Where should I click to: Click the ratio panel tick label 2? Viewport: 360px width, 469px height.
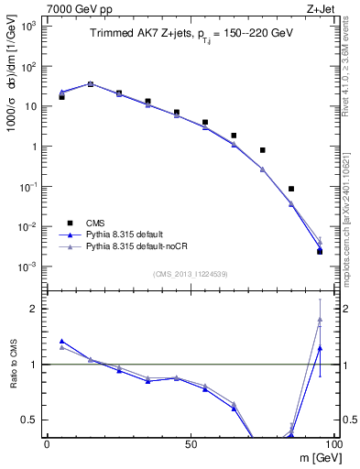click(33, 309)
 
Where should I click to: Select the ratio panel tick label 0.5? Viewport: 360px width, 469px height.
click(29, 420)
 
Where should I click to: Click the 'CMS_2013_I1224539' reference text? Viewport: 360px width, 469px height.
click(190, 273)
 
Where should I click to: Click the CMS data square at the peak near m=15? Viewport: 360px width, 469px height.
click(90, 83)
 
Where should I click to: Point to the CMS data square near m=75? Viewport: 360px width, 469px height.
click(262, 150)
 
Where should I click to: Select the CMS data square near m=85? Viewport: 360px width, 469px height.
click(290, 189)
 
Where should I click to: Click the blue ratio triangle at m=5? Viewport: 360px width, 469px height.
click(61, 341)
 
